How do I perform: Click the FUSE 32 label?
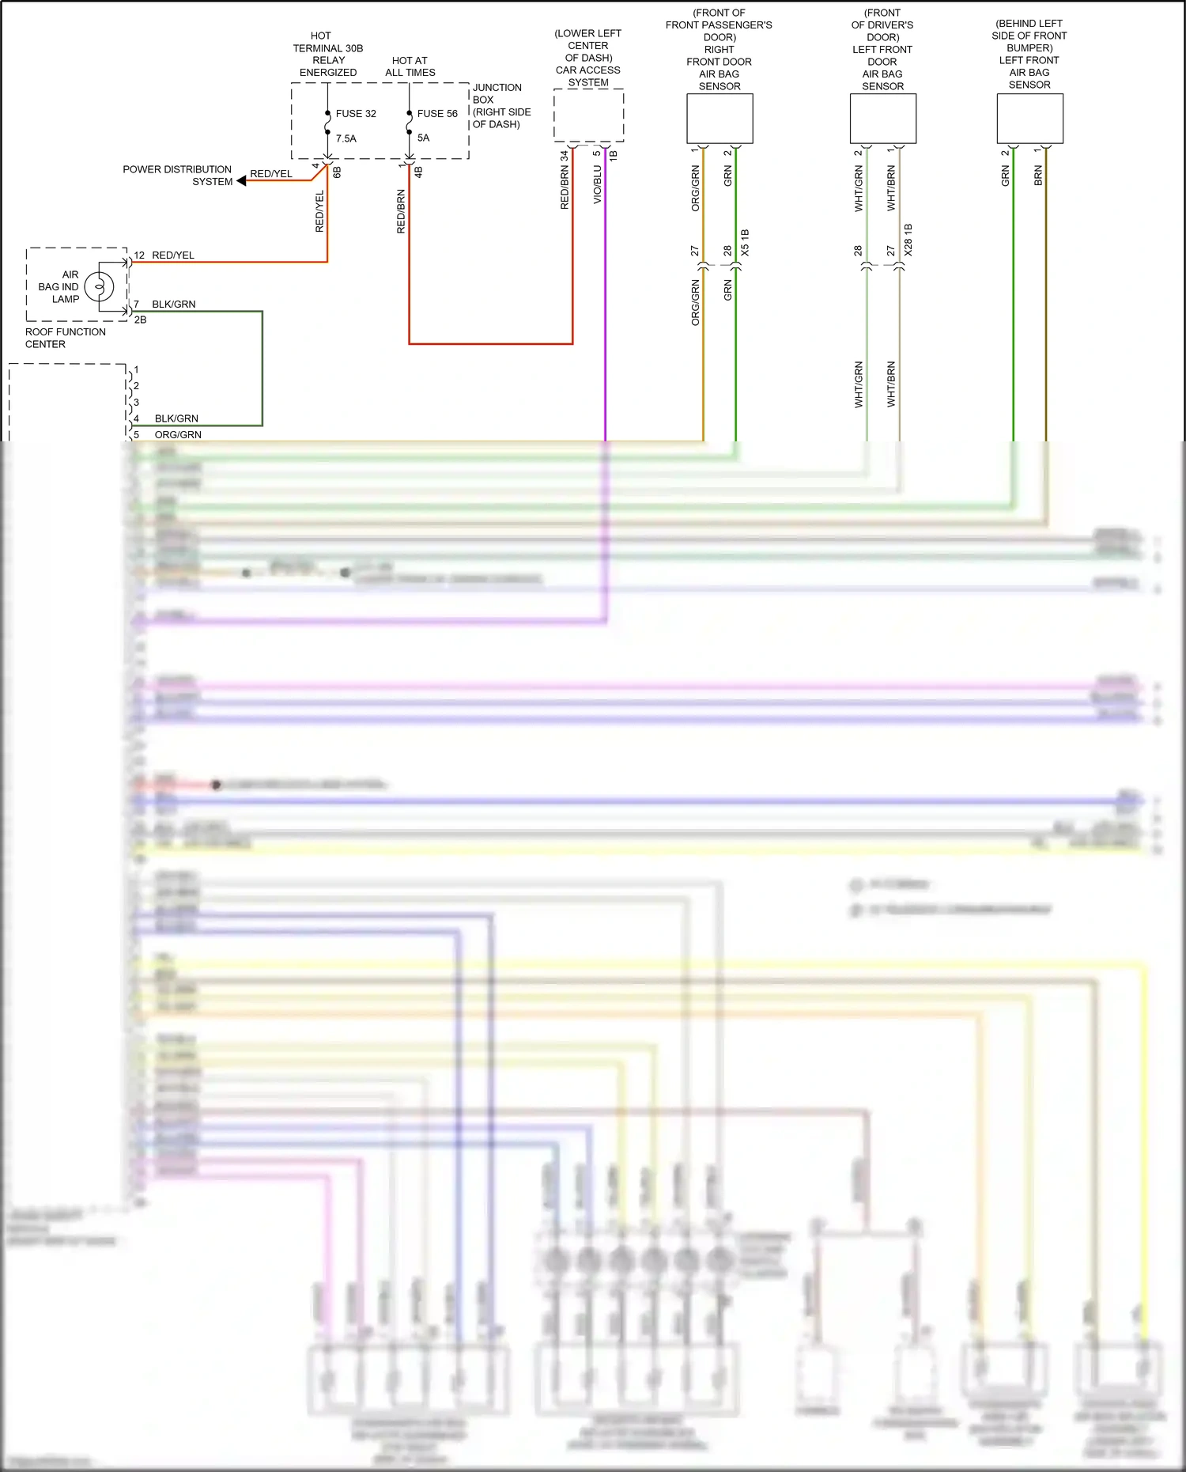(356, 114)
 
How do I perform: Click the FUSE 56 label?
(437, 114)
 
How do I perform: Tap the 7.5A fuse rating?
(346, 138)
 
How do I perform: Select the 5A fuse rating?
(423, 138)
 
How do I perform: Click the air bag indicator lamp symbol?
(100, 286)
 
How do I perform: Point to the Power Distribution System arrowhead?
(242, 181)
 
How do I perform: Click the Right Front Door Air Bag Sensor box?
(720, 119)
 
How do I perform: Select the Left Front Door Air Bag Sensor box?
(882, 119)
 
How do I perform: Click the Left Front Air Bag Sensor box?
(1029, 119)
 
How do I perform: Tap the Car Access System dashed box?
(588, 115)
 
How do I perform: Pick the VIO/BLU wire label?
(598, 184)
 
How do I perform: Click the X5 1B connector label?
(745, 243)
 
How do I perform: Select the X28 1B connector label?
(908, 240)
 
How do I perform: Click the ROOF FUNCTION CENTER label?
(65, 338)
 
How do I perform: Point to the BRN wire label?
(1038, 176)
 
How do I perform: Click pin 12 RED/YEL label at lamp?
(164, 255)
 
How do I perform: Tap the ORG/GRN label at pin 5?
(178, 435)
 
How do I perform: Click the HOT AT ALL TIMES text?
(410, 66)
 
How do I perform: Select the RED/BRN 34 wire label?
(565, 180)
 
